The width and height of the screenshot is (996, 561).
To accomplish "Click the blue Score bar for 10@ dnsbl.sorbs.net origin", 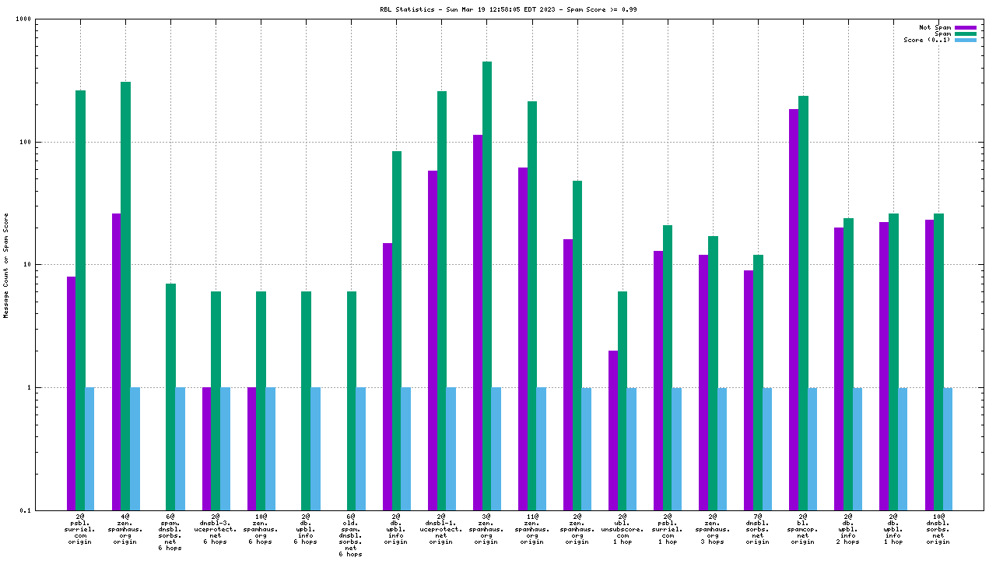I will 948,449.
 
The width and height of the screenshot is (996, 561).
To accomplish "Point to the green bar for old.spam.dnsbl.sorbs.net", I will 352,400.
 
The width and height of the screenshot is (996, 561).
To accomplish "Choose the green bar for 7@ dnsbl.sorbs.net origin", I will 758,382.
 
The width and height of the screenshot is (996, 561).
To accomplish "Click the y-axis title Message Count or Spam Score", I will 6,265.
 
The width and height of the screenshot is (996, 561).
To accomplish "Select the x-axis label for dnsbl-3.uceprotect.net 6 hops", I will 216,528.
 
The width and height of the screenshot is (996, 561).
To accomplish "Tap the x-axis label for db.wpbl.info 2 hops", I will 847,528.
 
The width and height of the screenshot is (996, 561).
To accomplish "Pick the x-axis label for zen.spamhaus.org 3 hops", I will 712,528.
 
